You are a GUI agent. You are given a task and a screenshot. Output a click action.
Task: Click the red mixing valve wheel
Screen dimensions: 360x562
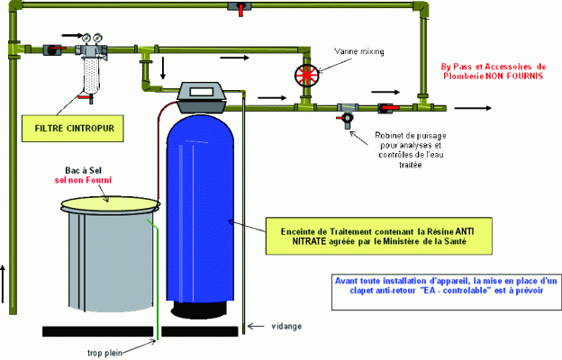[x=306, y=74]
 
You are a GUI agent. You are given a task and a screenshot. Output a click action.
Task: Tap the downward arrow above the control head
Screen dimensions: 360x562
[x=164, y=68]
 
